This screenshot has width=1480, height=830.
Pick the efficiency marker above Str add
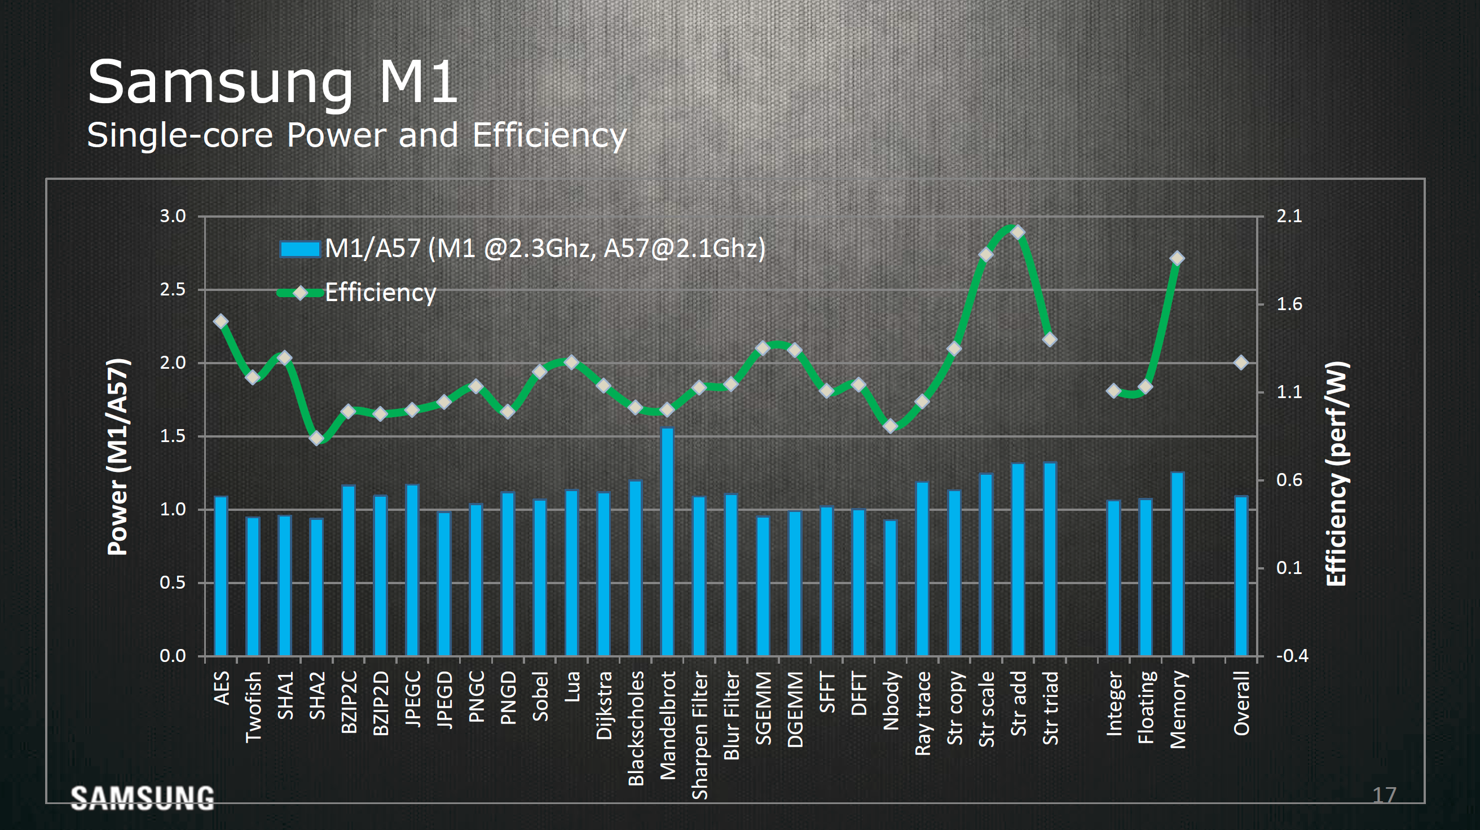pos(1017,233)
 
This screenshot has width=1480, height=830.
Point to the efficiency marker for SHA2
pos(316,438)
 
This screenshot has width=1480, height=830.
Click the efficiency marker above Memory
pos(1177,258)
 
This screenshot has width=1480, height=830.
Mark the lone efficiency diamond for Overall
pos(1241,363)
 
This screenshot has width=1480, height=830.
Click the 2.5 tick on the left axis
pos(173,289)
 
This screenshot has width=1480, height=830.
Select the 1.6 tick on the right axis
pos(1289,304)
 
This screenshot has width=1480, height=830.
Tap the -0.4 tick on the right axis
pos(1292,655)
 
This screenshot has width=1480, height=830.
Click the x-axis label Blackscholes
pos(636,729)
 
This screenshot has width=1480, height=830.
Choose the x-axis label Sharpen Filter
pos(699,736)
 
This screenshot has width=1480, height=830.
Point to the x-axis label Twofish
pos(253,707)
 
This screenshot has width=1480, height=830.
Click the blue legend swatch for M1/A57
pos(299,249)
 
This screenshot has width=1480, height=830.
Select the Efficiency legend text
pos(380,293)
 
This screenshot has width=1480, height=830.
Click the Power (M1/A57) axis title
pos(118,457)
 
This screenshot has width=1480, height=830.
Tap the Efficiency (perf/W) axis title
pos(1336,474)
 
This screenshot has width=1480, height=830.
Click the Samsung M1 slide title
pos(272,82)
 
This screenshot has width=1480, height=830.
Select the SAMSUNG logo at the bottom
pos(143,798)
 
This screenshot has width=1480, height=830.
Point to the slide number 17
pos(1384,796)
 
